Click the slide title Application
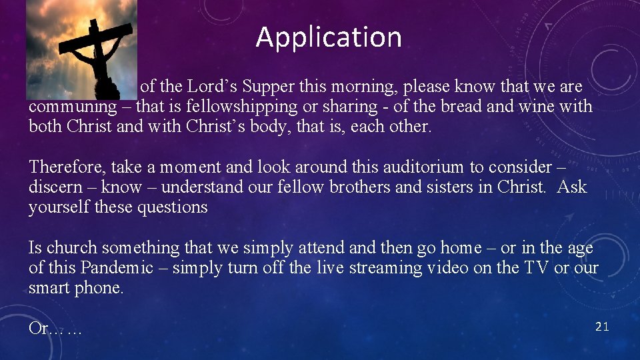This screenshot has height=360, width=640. (x=329, y=37)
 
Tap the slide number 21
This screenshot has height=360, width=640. (x=601, y=326)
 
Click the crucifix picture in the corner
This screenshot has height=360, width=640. (x=82, y=49)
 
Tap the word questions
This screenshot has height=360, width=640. (x=172, y=207)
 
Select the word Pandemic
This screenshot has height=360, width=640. (x=117, y=268)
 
